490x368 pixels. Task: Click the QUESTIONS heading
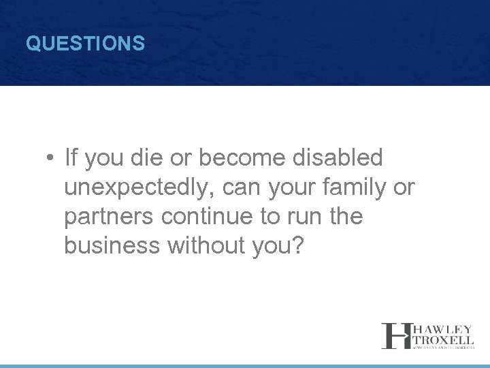point(85,44)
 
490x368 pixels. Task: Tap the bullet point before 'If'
point(50,159)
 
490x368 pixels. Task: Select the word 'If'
point(71,158)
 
